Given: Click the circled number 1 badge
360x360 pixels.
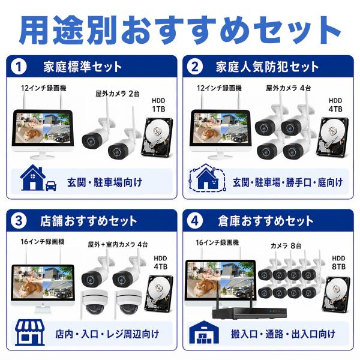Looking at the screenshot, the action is point(19,67).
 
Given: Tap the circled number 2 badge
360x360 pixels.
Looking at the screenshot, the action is point(194,67).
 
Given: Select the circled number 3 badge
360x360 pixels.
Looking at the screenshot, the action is point(19,221).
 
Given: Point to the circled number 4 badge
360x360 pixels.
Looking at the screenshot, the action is point(194,221).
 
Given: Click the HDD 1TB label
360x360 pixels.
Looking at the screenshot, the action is point(158,105).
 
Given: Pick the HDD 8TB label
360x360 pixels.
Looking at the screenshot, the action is point(338,263).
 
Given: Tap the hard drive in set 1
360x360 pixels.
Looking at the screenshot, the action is point(157,137).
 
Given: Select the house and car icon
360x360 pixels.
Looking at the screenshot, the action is point(38,178).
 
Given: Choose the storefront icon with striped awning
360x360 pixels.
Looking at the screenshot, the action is point(30,332).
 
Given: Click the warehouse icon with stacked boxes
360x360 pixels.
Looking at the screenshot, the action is point(204,332).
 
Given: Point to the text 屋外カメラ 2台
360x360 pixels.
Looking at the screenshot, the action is point(118,94).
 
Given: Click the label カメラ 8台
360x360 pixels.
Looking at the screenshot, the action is point(286,246).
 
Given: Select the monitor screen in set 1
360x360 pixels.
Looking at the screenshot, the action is point(43,128).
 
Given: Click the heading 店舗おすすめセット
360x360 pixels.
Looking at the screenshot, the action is point(89,221).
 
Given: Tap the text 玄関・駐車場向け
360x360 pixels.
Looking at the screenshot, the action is point(104,182).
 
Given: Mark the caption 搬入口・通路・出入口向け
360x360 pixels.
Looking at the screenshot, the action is point(283,334).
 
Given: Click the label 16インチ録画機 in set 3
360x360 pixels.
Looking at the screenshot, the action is point(43,242).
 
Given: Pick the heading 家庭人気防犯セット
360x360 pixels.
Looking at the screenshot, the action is point(267,67).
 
